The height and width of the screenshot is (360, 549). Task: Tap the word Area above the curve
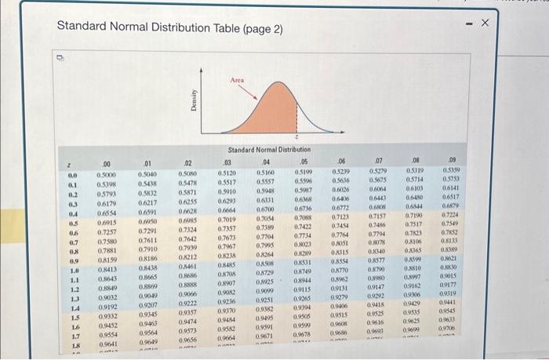238,80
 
